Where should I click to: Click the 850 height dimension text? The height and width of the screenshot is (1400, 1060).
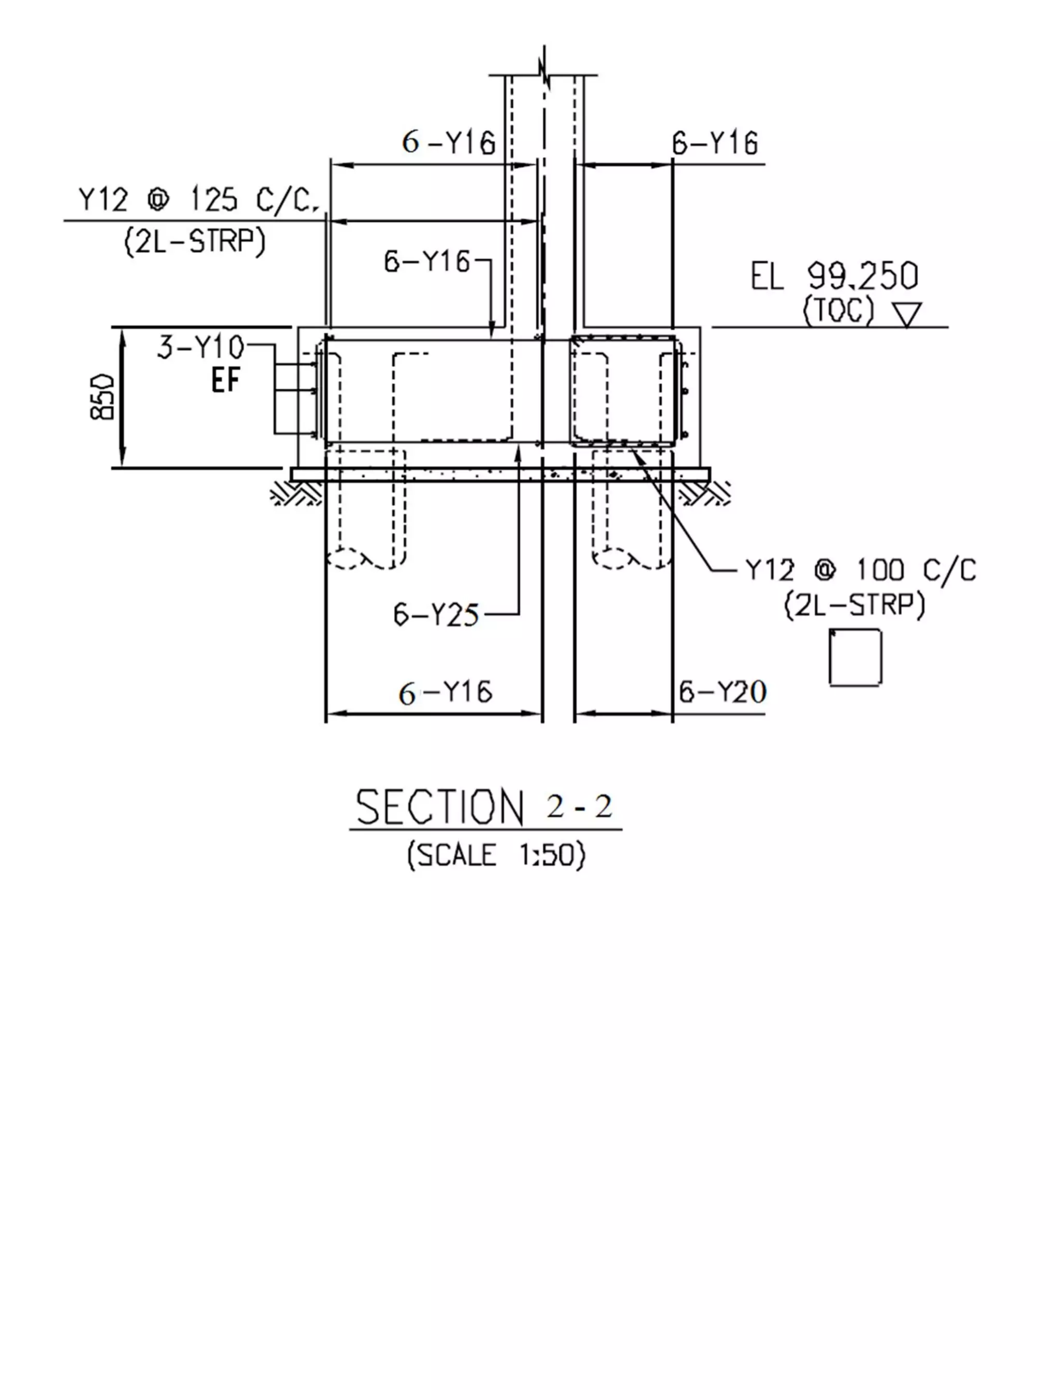[102, 397]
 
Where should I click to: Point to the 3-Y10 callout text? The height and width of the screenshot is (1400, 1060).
[200, 347]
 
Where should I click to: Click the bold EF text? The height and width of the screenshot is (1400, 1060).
[225, 381]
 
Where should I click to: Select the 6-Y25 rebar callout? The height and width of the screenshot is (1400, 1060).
[436, 615]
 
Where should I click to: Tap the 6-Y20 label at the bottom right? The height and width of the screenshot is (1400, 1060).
[722, 692]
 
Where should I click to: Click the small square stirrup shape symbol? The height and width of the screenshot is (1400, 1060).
[855, 657]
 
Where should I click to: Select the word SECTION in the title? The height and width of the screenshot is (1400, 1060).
[440, 808]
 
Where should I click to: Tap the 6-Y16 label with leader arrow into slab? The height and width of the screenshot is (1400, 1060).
[427, 261]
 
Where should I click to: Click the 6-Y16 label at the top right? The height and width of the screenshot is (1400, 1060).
[714, 143]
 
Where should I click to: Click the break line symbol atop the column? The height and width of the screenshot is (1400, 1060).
[544, 66]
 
